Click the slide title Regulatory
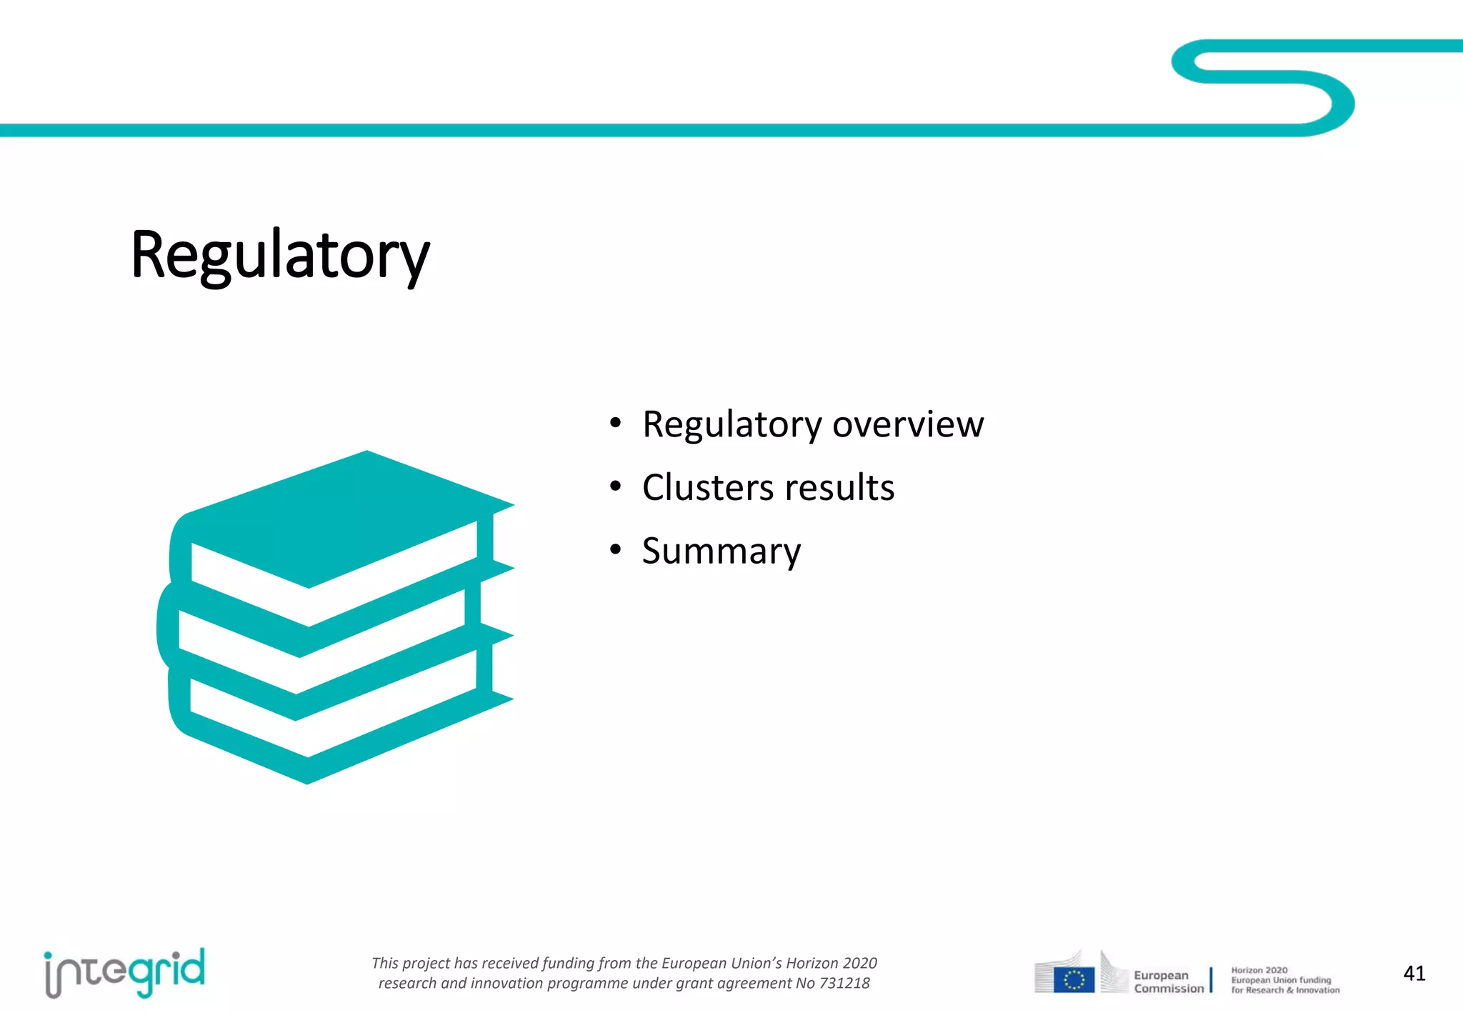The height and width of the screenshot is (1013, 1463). [280, 256]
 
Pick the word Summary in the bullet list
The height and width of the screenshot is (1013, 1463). [721, 551]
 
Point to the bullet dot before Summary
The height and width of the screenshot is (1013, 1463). [616, 550]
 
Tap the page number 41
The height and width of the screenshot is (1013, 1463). [1414, 973]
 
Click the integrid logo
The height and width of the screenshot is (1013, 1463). [125, 972]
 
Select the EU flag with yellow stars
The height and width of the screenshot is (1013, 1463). [1074, 979]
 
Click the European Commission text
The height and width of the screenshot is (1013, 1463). [1168, 982]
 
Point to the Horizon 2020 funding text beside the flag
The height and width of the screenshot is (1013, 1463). [1284, 980]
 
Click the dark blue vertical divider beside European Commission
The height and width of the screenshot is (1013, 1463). [1211, 979]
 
